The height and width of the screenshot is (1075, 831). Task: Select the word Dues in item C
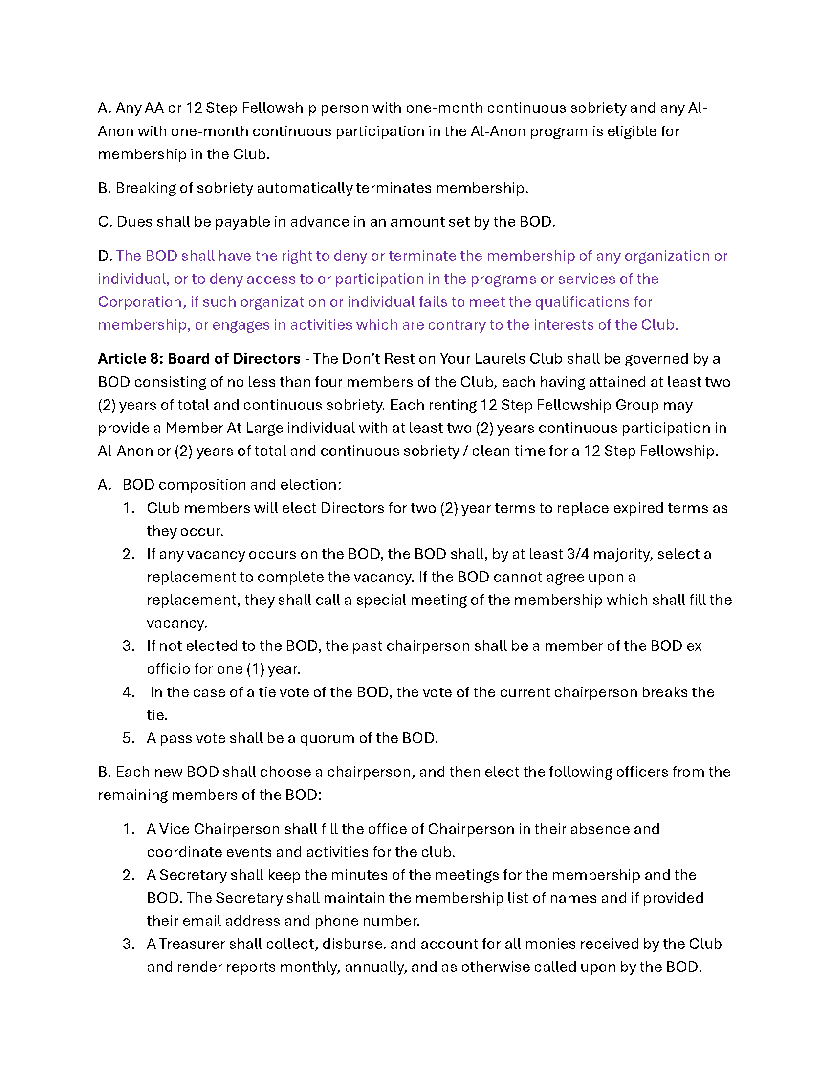(x=134, y=222)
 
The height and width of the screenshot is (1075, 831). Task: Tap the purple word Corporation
(x=142, y=301)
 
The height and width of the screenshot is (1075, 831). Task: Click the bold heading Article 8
(x=130, y=358)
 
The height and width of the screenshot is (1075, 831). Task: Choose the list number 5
(x=128, y=738)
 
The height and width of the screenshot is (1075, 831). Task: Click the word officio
(x=168, y=669)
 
